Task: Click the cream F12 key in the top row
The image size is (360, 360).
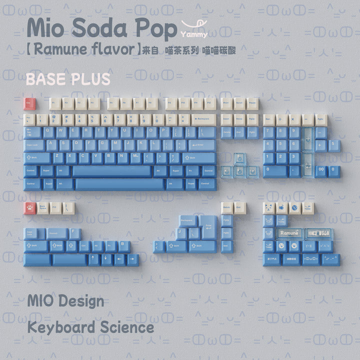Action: [210, 103]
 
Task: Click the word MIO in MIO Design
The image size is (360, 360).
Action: [41, 301]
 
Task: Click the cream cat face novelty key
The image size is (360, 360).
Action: [269, 207]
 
